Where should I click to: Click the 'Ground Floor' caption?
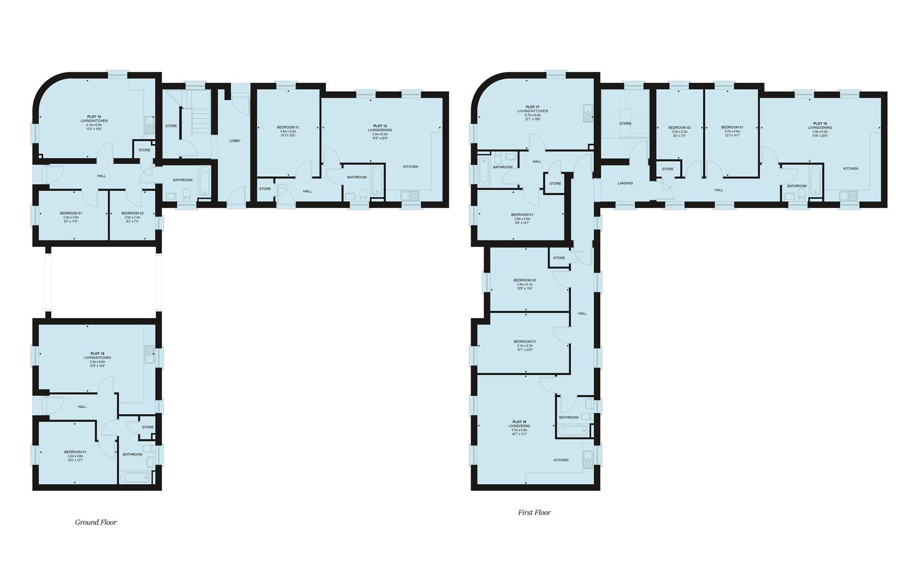pos(96,522)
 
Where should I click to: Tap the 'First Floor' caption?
pos(534,512)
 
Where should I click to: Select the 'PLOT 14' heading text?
pos(94,116)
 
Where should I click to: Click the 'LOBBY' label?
pos(234,141)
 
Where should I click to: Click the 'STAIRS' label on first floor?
pos(625,123)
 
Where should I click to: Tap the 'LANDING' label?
pos(625,183)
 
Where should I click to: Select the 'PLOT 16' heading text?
pos(820,123)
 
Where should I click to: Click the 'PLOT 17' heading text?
pos(533,107)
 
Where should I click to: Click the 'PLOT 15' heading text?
pos(97,354)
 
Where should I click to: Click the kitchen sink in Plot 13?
pos(410,196)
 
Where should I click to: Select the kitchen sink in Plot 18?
pos(588,459)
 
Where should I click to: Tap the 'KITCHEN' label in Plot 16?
pos(850,168)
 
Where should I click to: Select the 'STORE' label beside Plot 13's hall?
pos(265,189)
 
